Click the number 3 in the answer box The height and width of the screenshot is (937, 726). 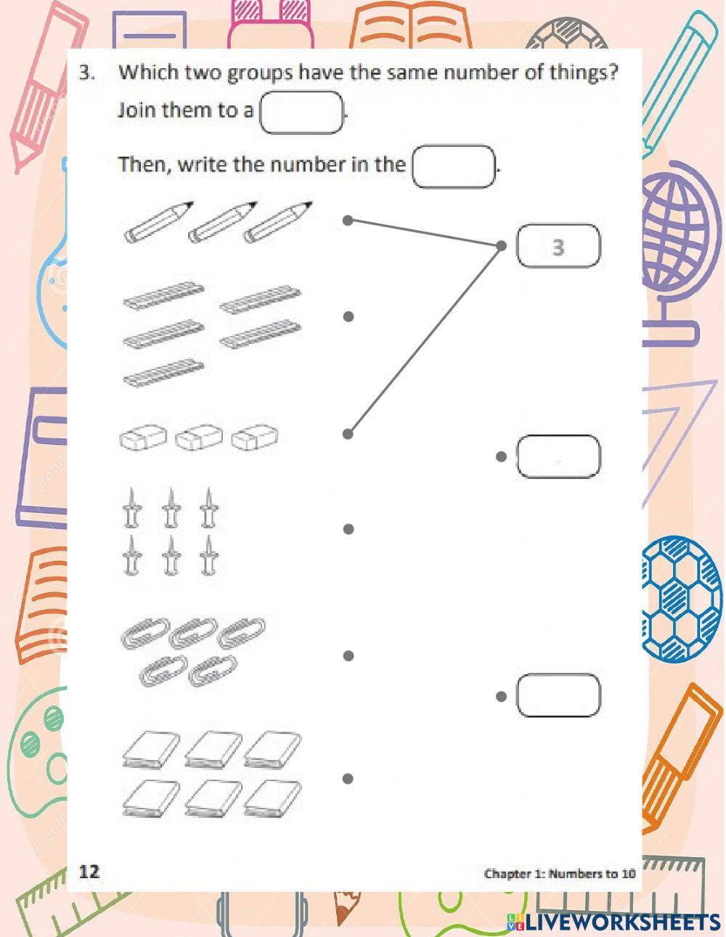(x=558, y=247)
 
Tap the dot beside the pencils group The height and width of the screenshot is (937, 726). (x=348, y=221)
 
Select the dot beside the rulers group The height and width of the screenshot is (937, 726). (x=348, y=316)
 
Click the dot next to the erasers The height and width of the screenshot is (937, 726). (x=348, y=434)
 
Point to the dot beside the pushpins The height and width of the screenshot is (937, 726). (x=348, y=529)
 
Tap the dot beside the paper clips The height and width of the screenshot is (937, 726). (x=348, y=656)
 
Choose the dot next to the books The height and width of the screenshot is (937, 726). (x=348, y=779)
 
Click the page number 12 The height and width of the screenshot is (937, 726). (x=89, y=872)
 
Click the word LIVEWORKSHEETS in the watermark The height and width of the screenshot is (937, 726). (x=622, y=922)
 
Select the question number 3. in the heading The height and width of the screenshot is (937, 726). (x=86, y=73)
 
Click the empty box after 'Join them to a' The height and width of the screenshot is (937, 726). (x=301, y=112)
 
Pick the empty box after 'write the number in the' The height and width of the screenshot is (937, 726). (x=453, y=166)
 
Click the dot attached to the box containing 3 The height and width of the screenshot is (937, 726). (x=501, y=246)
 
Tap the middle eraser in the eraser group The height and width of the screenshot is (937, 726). (x=199, y=437)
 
